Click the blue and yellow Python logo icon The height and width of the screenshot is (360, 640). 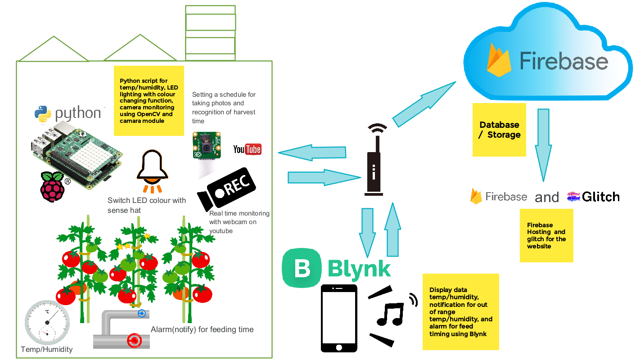click(42, 114)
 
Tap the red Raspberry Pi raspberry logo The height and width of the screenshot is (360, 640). click(52, 186)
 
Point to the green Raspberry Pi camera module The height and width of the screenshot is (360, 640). click(207, 145)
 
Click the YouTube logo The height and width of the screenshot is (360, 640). click(247, 149)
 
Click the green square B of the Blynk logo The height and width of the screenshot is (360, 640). click(302, 269)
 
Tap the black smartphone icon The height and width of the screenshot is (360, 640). click(339, 318)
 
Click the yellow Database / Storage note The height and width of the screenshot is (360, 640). click(499, 130)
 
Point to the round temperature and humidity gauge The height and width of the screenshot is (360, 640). click(47, 323)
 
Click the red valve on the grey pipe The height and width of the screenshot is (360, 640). click(133, 341)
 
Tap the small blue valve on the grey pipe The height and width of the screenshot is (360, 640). click(141, 313)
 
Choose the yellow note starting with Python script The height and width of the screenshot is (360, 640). click(149, 100)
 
